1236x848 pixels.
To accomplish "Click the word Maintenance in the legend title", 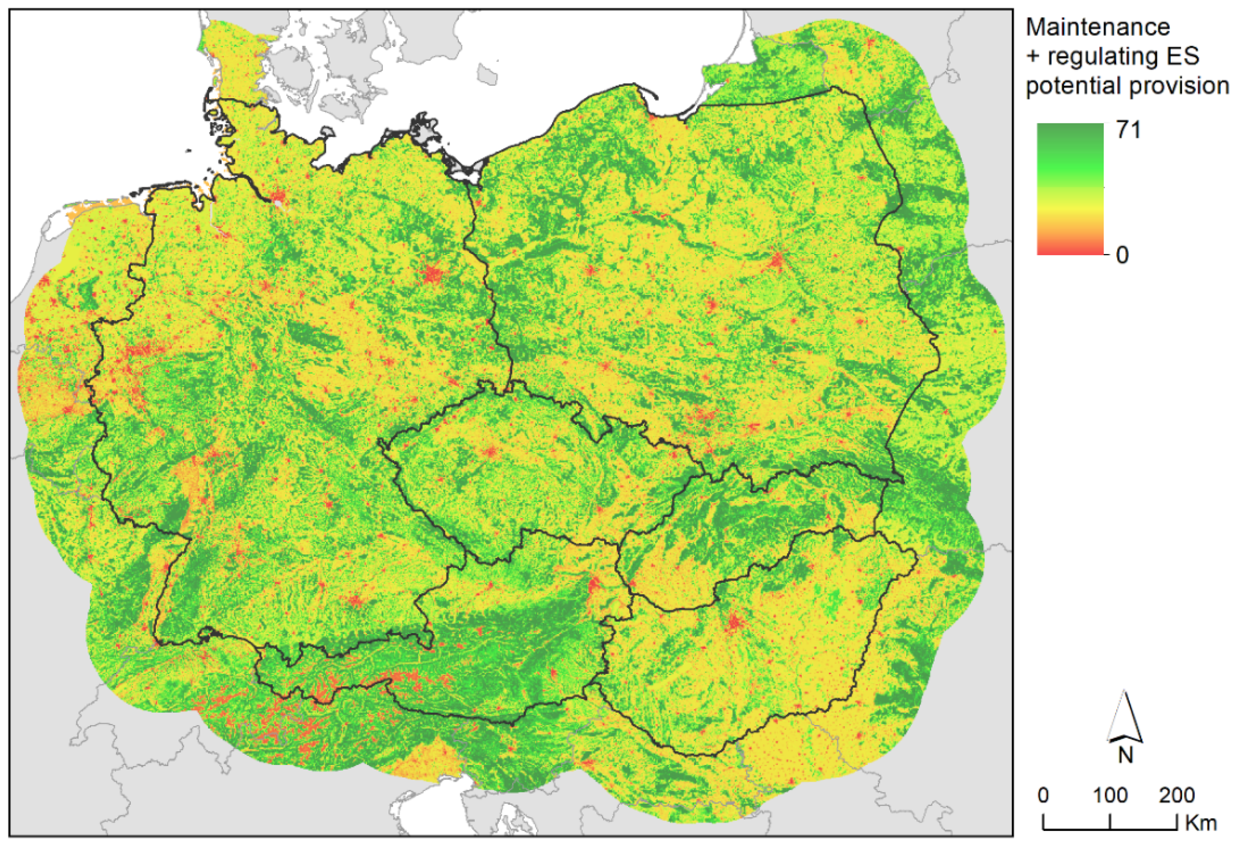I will coord(1097,27).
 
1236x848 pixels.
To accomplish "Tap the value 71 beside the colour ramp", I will coord(1128,130).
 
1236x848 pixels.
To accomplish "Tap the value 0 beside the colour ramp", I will coord(1122,255).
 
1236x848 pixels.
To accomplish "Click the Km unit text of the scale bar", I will coord(1201,823).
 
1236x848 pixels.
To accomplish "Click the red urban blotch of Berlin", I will coord(432,274).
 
